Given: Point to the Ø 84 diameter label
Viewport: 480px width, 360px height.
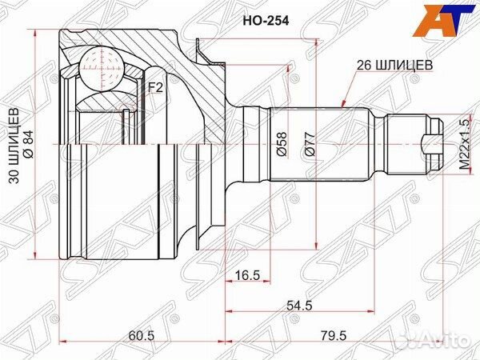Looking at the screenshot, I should [27, 146].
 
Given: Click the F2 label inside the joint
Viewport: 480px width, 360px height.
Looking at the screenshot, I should [154, 87].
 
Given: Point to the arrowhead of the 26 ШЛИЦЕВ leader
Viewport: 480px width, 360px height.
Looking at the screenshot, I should [342, 105].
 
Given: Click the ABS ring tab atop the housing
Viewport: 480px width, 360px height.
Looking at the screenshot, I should [210, 54].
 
